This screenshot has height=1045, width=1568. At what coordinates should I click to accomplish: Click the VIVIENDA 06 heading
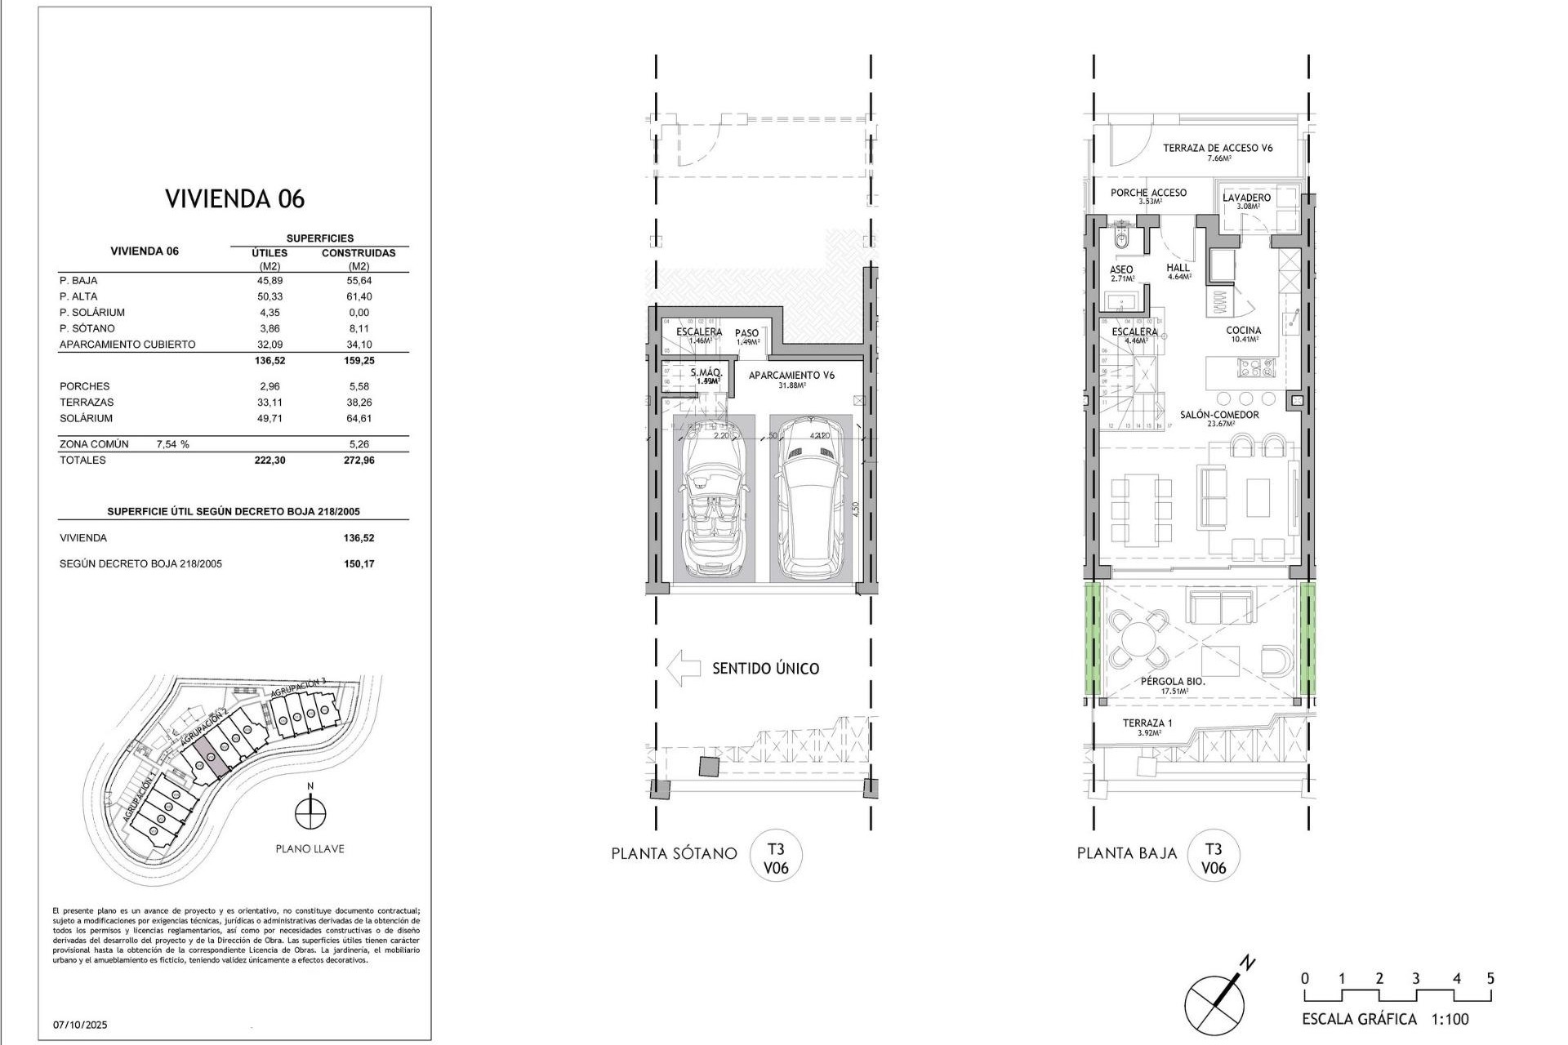click(234, 198)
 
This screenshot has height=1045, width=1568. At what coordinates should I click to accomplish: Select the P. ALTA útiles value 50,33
click(269, 296)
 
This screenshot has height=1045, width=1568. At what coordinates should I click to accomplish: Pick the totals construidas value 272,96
click(359, 460)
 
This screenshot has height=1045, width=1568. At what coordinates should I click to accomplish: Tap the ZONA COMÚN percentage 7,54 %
click(172, 444)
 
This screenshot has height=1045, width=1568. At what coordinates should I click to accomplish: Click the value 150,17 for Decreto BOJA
click(359, 564)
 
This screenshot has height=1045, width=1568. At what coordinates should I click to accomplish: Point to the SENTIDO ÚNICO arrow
click(684, 668)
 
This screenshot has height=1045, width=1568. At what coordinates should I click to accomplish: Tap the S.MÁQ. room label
click(706, 373)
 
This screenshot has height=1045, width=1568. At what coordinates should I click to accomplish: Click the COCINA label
click(1243, 331)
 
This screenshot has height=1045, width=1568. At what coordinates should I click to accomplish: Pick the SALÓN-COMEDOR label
click(1219, 415)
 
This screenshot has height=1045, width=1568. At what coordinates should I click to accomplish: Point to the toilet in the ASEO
click(1121, 240)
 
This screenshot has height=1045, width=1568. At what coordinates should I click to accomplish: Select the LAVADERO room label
click(1246, 198)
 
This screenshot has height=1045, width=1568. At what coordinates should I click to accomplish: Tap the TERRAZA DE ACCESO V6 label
click(1218, 148)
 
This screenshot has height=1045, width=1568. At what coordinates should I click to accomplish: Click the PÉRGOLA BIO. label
click(1173, 681)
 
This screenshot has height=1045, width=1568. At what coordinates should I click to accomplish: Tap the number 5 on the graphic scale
click(1490, 978)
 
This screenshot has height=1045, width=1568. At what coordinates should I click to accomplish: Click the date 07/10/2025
click(80, 1025)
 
